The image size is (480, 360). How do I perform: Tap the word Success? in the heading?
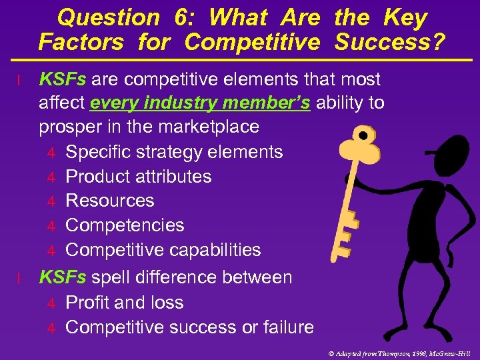click(390, 42)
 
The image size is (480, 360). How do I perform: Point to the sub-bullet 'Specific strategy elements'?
click(174, 152)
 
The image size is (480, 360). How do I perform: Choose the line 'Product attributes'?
click(139, 177)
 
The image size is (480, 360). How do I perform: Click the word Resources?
click(110, 201)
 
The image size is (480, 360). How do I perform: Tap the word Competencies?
click(125, 225)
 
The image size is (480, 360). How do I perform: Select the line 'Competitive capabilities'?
click(163, 250)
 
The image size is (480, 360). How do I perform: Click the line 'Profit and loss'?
click(125, 303)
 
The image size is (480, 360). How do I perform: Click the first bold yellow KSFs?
click(63, 79)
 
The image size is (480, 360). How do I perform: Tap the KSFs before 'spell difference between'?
click(63, 277)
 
